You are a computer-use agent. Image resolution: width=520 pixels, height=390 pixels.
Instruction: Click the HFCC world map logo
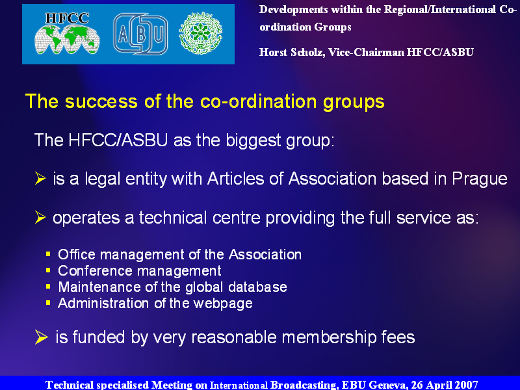coord(67,33)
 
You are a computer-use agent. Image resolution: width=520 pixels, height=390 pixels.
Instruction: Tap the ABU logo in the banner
coord(140,34)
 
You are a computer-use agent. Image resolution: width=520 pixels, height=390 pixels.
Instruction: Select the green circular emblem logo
coord(201,34)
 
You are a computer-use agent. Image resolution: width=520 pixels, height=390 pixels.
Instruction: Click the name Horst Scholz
coord(291,53)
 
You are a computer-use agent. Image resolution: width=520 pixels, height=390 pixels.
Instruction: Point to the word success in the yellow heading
coord(101,101)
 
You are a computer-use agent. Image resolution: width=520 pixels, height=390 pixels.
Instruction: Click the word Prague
coord(480,179)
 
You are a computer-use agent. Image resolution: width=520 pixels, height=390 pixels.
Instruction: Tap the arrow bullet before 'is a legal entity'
coord(40,178)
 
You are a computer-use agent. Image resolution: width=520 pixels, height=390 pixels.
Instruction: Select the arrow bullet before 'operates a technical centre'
coord(40,218)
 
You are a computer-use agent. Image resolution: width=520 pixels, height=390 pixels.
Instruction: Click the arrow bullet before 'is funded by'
coord(41,337)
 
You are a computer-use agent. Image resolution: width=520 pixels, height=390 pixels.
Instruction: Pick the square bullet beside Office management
coord(48,254)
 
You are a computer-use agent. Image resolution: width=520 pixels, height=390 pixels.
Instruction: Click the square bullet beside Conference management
coord(48,270)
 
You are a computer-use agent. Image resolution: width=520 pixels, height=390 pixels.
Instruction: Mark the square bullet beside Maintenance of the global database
coord(48,287)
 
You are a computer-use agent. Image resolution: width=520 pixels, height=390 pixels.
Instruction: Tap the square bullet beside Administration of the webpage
coord(48,303)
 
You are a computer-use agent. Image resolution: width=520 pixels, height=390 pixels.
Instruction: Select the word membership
coord(329,337)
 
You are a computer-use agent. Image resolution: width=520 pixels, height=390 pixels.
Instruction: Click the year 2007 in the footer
coord(466,385)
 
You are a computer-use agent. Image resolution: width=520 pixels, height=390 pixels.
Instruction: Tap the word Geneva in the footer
coord(387,385)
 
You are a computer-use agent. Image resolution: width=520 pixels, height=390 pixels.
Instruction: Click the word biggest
coord(253,141)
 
